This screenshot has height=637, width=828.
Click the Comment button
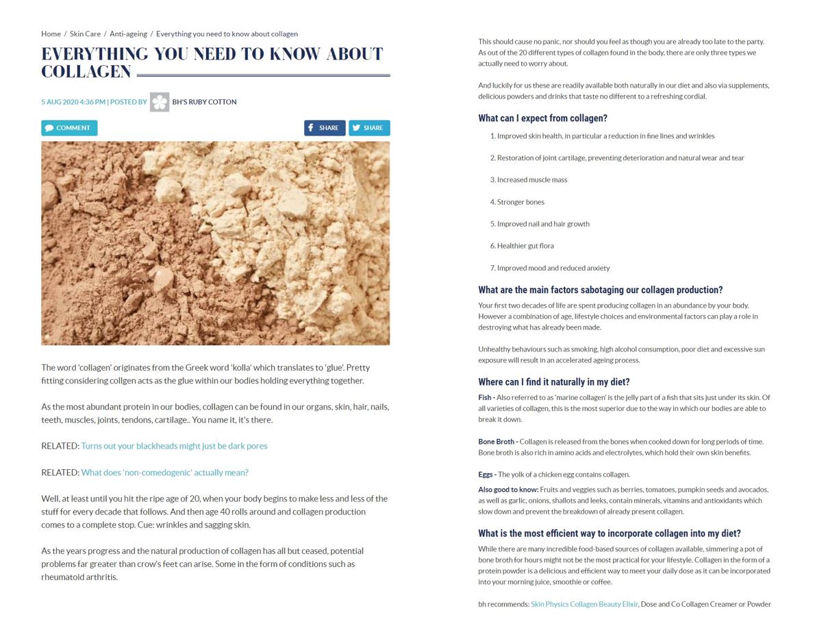[x=69, y=128]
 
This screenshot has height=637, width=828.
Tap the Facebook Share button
[x=325, y=128]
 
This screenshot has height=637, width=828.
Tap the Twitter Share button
[x=369, y=128]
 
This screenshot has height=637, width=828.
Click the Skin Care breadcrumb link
[x=85, y=34]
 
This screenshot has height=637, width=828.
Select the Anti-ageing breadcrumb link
[x=128, y=34]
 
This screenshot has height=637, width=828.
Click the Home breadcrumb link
[x=51, y=34]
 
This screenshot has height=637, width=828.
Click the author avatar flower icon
[x=160, y=102]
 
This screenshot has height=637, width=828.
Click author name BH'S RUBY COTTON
[x=204, y=102]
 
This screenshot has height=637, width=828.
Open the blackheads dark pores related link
[x=174, y=446]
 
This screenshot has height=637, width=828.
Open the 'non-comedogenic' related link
[x=164, y=473]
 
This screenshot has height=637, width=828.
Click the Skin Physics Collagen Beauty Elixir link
[x=584, y=604]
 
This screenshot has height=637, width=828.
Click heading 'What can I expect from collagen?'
[x=542, y=118]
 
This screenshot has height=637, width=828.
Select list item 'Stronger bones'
[x=520, y=202]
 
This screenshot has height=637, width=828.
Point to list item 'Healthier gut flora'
[x=525, y=246]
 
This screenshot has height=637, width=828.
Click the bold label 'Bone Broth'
[x=496, y=442]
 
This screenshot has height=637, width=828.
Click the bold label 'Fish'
[x=484, y=397]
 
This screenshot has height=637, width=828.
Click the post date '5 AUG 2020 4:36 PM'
[x=73, y=102]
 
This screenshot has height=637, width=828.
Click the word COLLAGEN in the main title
[x=86, y=72]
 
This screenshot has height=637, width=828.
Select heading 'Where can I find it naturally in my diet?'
[x=553, y=382]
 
